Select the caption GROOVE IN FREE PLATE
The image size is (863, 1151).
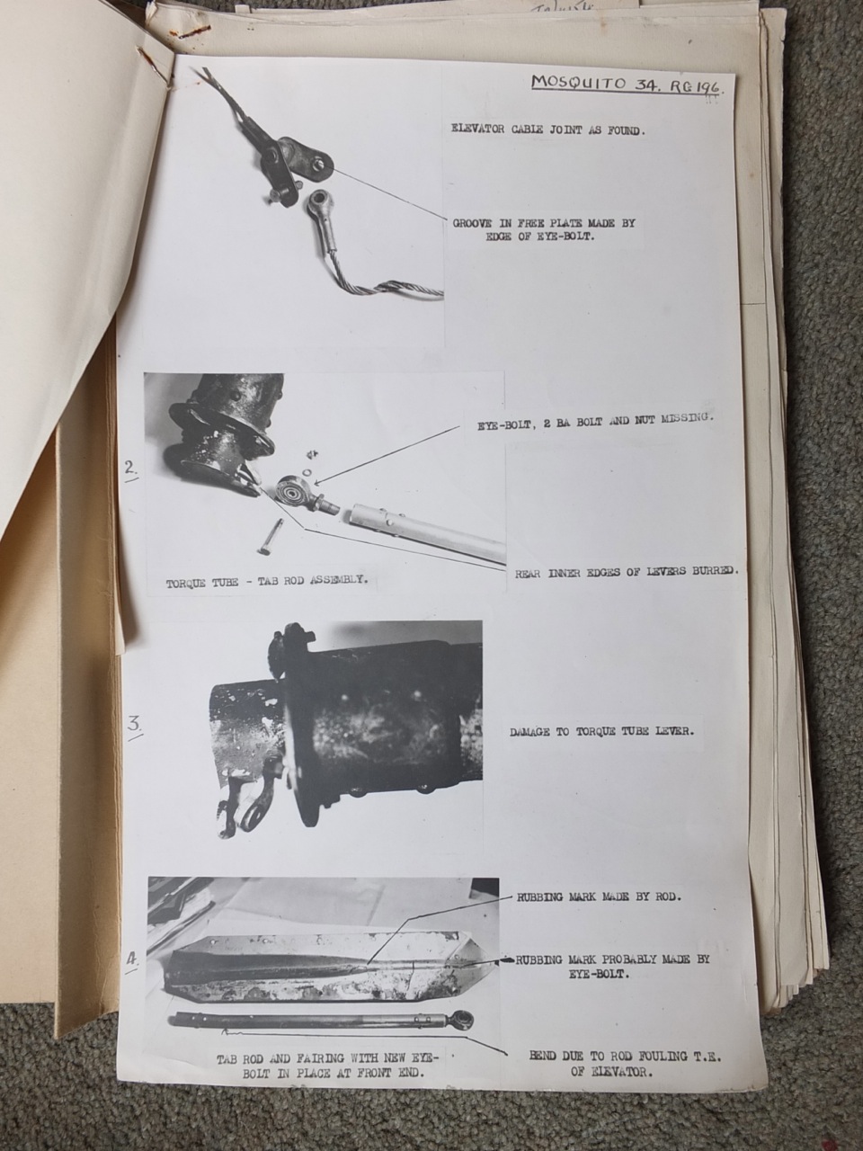point(549,230)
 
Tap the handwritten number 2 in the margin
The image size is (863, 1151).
point(131,468)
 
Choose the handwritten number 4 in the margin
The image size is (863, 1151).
point(132,959)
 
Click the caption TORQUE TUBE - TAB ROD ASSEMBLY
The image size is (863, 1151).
point(267,582)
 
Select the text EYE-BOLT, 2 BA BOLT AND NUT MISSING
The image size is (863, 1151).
point(594,419)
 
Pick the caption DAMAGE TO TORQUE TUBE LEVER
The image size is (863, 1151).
point(601,732)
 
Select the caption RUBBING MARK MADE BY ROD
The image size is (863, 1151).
point(600,897)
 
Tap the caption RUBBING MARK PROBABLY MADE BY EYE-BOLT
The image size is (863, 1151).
point(611,966)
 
